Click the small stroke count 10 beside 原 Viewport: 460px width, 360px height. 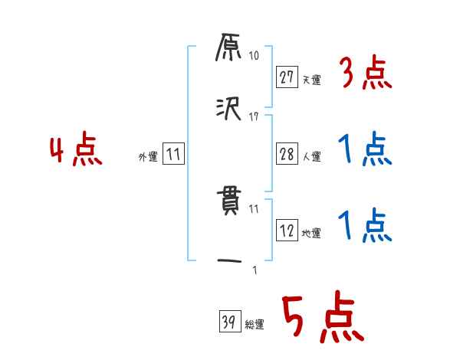click(254, 56)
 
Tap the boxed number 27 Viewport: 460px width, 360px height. click(287, 77)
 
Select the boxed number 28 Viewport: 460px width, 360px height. click(287, 153)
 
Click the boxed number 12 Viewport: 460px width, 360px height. click(287, 231)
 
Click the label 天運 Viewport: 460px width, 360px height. click(311, 79)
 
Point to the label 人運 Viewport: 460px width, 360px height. click(311, 156)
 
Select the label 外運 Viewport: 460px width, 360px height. click(147, 157)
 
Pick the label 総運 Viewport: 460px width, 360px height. click(255, 325)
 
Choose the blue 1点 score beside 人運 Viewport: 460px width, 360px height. click(365, 150)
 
